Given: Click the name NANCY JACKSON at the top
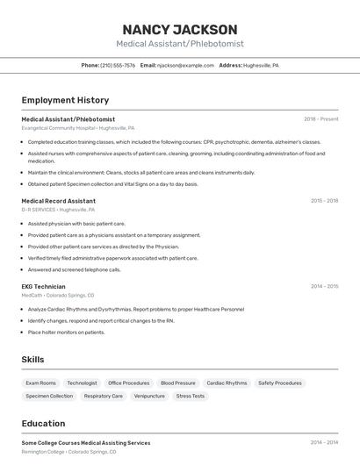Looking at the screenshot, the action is [x=179, y=29].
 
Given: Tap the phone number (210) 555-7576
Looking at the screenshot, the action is [x=118, y=65].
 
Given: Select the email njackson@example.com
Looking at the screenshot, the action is [x=186, y=65].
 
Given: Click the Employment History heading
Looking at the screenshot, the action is [x=65, y=100].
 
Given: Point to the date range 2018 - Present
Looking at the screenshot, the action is [x=320, y=119].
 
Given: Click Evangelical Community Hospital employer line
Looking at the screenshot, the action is [x=78, y=128].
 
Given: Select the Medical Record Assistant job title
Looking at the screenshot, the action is [x=59, y=201].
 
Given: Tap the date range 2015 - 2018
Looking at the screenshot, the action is [x=324, y=201].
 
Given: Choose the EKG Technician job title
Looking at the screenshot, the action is [x=44, y=286].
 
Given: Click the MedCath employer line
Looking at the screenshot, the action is [x=58, y=296].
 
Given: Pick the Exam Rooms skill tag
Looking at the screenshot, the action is [x=40, y=383].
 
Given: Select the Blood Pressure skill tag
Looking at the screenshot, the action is [x=178, y=383].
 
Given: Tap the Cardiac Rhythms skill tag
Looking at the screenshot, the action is [x=227, y=383].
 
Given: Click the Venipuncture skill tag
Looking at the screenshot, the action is [x=149, y=396].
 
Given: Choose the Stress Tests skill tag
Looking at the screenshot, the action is [x=191, y=396].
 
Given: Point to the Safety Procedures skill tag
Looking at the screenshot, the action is [x=279, y=383].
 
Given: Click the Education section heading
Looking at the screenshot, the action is [x=43, y=423].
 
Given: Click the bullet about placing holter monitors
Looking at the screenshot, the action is [x=66, y=333].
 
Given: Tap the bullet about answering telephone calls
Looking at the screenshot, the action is [x=74, y=270].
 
